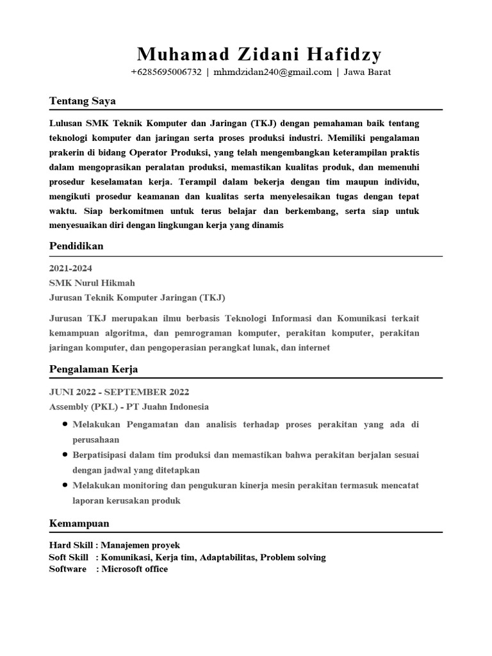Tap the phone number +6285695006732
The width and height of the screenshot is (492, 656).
tap(166, 72)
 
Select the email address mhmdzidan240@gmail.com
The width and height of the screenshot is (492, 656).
tap(272, 72)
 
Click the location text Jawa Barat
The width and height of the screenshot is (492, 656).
tap(367, 72)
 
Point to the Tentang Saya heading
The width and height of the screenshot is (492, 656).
tap(82, 101)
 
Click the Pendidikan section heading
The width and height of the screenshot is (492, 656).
tap(76, 246)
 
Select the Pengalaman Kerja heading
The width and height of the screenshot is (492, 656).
tap(94, 369)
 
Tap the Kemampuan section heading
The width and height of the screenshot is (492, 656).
tap(79, 523)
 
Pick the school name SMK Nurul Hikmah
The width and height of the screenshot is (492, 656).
tap(92, 283)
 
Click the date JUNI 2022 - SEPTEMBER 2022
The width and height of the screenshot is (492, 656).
tap(119, 392)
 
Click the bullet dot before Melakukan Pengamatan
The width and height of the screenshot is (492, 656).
tap(66, 425)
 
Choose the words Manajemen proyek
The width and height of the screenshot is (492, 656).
tap(140, 545)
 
